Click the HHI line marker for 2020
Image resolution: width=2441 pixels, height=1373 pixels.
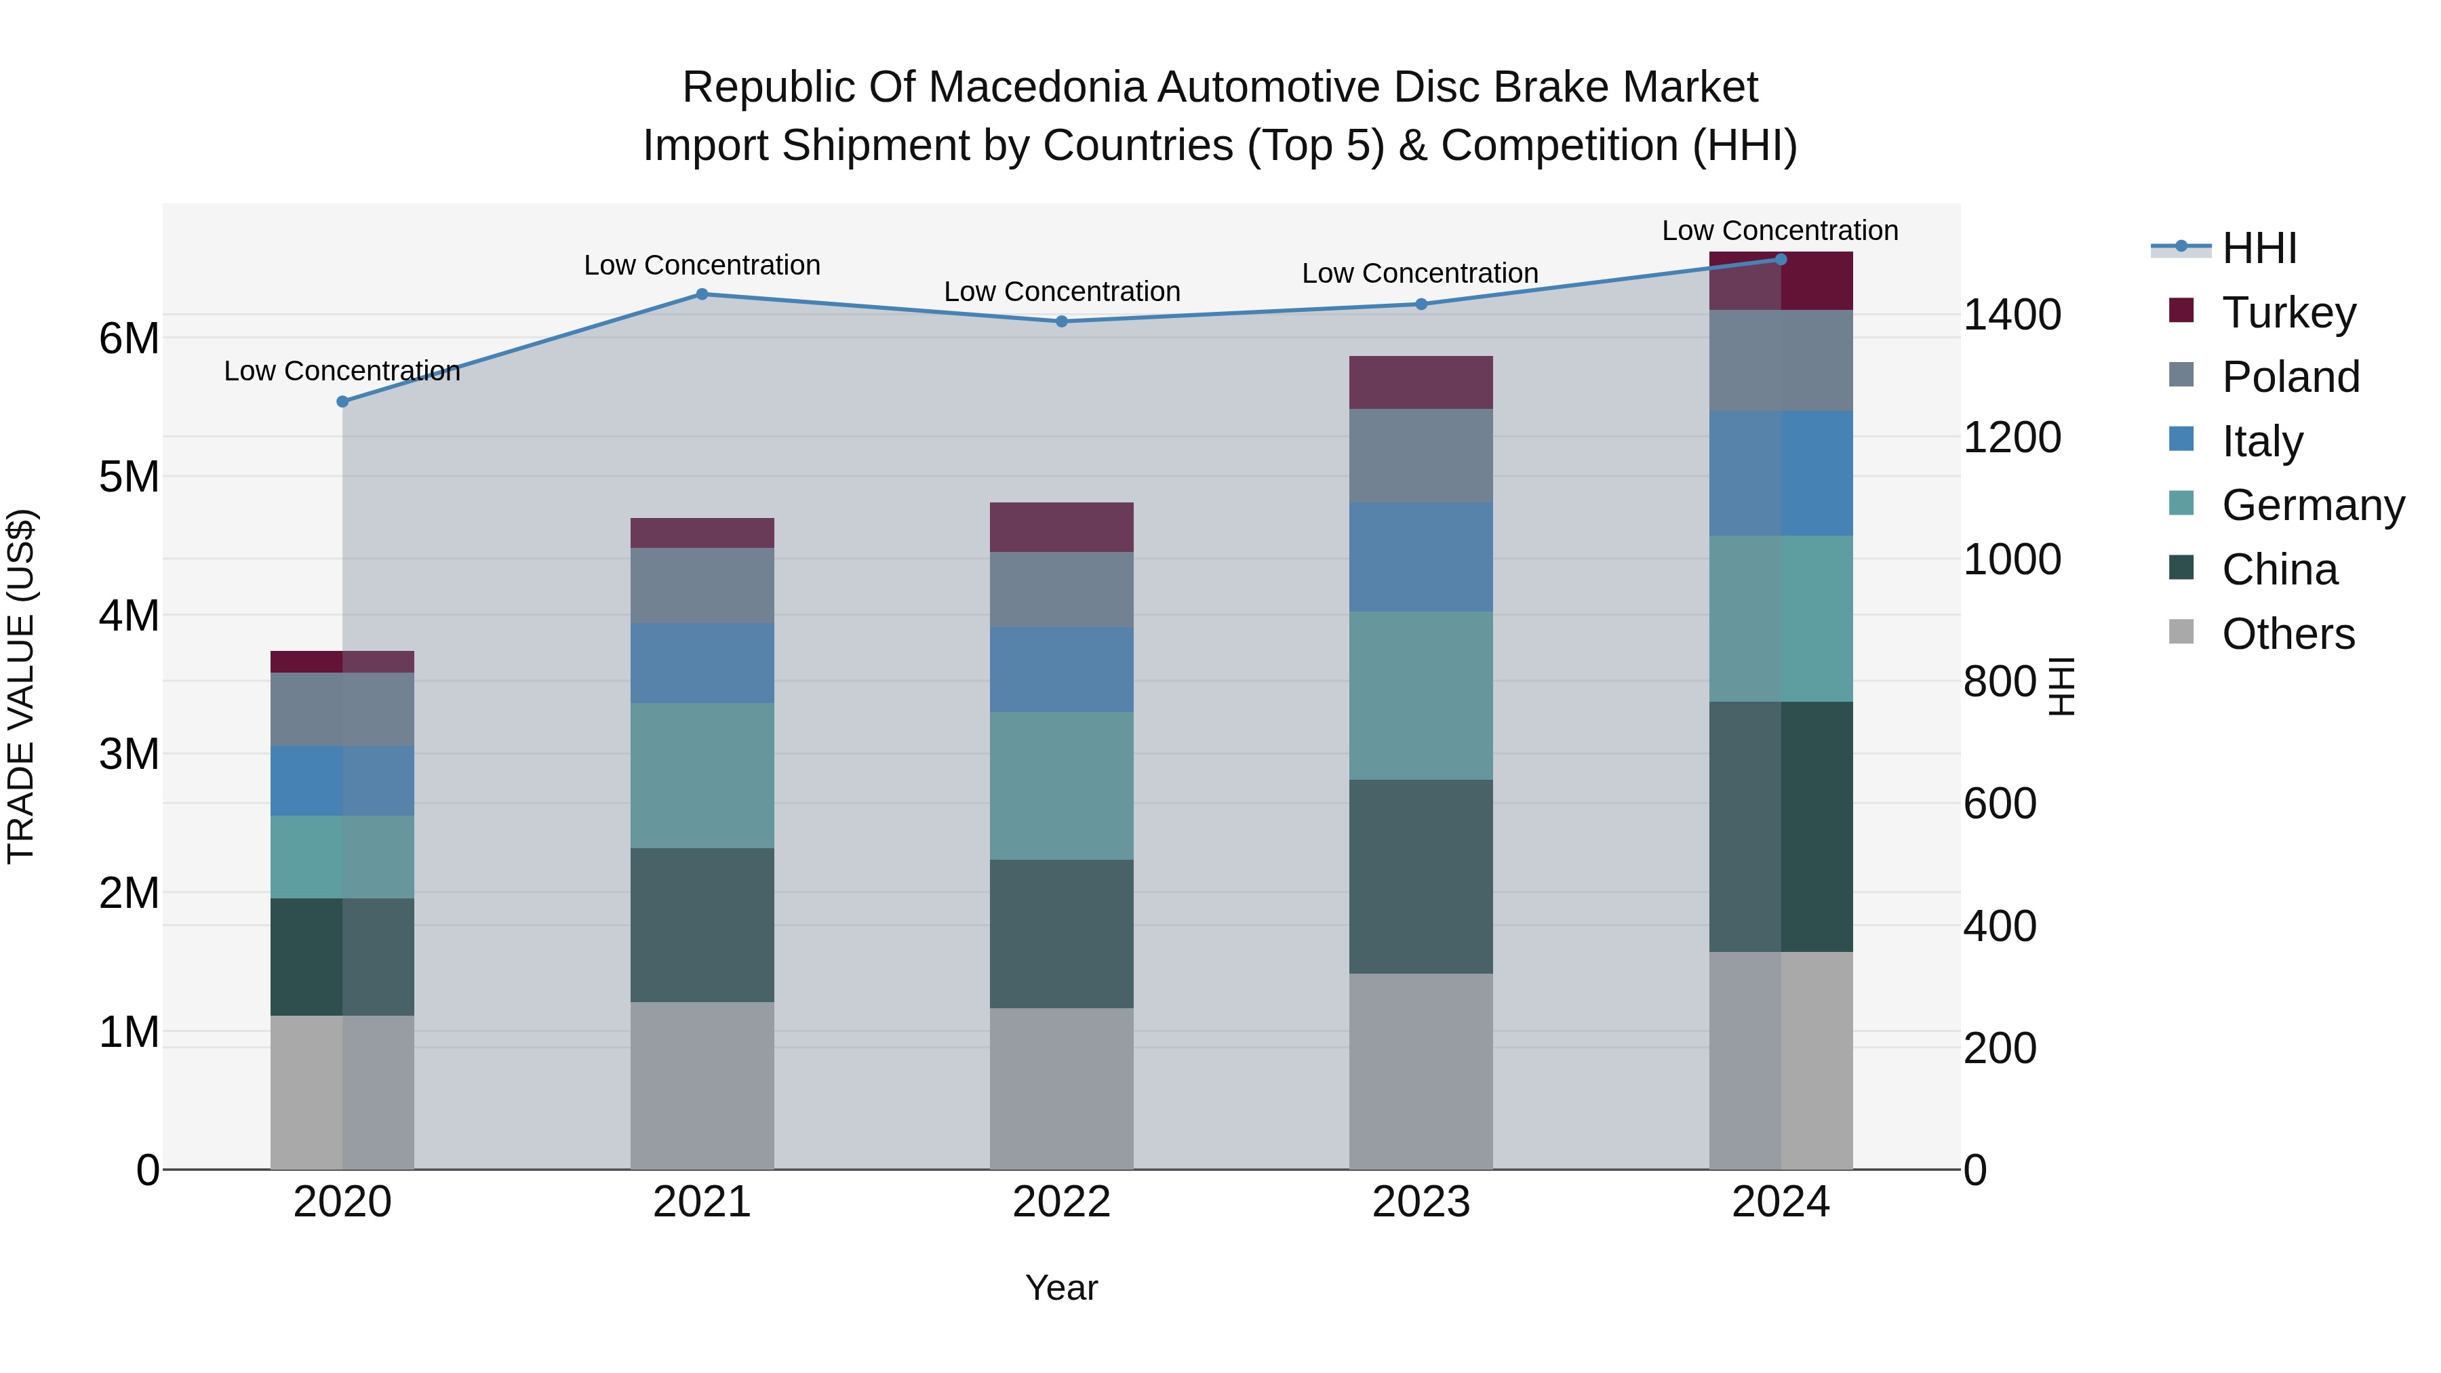click(x=343, y=402)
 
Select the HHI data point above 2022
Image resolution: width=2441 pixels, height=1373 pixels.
click(x=1061, y=321)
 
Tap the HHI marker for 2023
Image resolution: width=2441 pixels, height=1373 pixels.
click(x=1421, y=304)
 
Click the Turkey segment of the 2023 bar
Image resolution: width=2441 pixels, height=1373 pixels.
click(x=1421, y=383)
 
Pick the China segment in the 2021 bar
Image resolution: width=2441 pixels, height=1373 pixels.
click(x=702, y=925)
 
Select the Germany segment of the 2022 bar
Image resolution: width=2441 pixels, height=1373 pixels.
click(x=1061, y=786)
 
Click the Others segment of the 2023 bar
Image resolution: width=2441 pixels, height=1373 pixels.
click(x=1421, y=1071)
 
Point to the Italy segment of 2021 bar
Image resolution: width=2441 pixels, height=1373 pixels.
click(x=702, y=663)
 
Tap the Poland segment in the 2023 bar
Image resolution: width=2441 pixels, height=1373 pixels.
click(x=1421, y=456)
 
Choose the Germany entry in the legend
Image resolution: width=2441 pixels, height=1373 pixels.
click(x=2312, y=505)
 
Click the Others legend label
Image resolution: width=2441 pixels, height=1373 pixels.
click(x=2288, y=634)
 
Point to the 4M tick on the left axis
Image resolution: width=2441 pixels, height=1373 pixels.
click(x=129, y=616)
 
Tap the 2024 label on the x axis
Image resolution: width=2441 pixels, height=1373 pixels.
click(x=1780, y=1202)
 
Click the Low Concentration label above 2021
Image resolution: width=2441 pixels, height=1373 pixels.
click(x=702, y=265)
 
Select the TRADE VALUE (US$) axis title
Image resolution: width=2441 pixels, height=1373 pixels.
click(x=21, y=686)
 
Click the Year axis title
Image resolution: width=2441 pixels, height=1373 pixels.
click(x=1061, y=1288)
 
